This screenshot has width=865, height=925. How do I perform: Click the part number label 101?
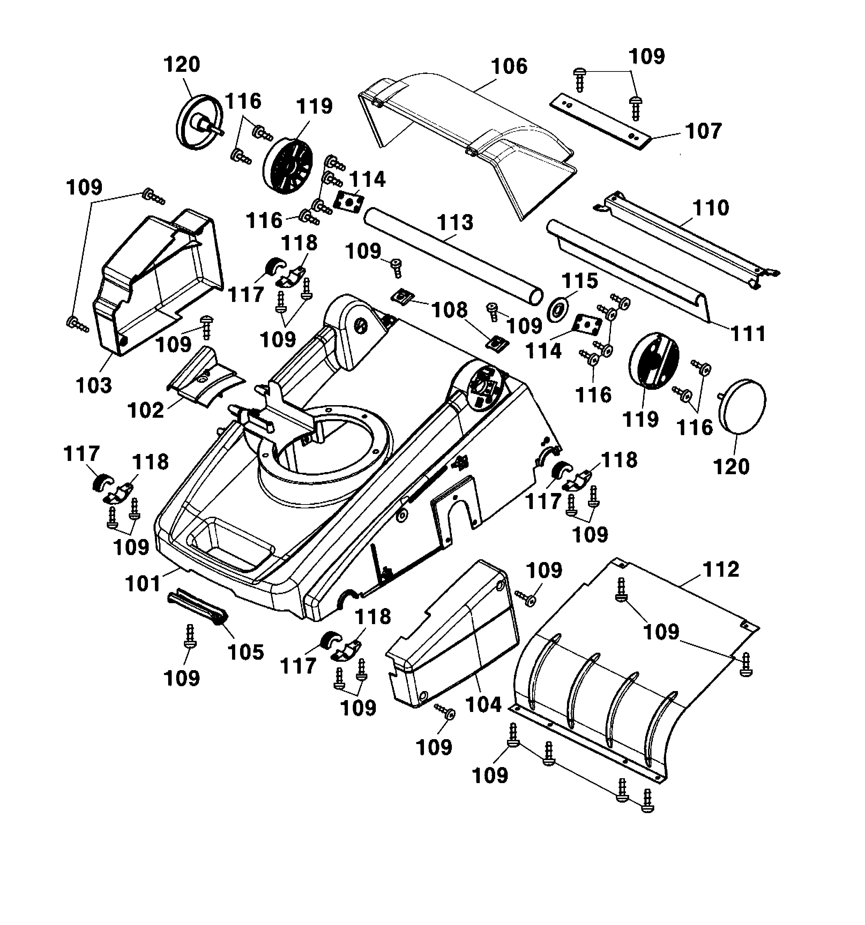pyautogui.click(x=142, y=583)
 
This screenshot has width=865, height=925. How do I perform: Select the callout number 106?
pyautogui.click(x=509, y=67)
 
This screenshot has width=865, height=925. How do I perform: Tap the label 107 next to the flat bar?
pyautogui.click(x=703, y=131)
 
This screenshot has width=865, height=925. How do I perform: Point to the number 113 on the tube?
pyautogui.click(x=455, y=222)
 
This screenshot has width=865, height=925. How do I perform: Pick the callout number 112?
pyautogui.click(x=721, y=569)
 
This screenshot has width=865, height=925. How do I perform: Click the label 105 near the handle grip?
pyautogui.click(x=245, y=652)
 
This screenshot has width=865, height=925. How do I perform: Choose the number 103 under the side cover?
pyautogui.click(x=94, y=386)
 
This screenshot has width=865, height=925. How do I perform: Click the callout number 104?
pyautogui.click(x=483, y=704)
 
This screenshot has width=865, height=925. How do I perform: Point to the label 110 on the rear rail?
pyautogui.click(x=710, y=208)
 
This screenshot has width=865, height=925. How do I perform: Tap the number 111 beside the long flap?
pyautogui.click(x=748, y=334)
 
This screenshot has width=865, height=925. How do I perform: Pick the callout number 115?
pyautogui.click(x=579, y=281)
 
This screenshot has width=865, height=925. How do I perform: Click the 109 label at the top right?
pyautogui.click(x=646, y=57)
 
